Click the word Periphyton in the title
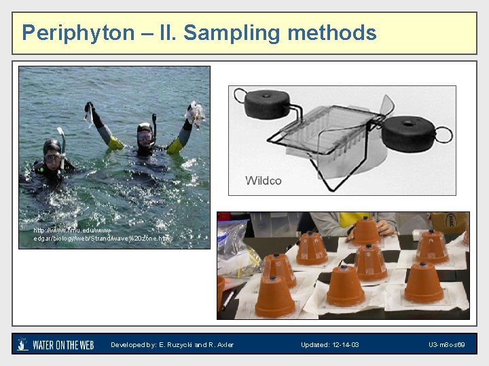click(70, 33)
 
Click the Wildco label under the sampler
click(264, 180)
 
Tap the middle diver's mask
click(145, 136)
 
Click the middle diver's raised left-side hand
click(89, 108)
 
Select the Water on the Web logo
click(56, 344)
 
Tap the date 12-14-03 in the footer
click(345, 345)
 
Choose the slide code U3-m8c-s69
click(447, 345)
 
